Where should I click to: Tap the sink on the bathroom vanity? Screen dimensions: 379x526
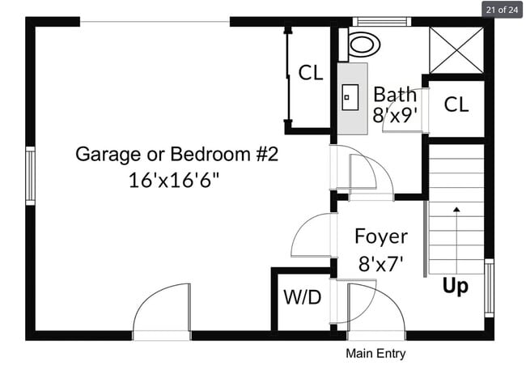pyautogui.click(x=350, y=98)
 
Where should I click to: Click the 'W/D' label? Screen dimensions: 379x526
pyautogui.click(x=302, y=298)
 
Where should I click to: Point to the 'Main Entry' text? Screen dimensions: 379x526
pyautogui.click(x=375, y=354)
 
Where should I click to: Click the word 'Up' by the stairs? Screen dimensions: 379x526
pyautogui.click(x=455, y=287)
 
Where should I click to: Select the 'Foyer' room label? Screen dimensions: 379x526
pyautogui.click(x=381, y=237)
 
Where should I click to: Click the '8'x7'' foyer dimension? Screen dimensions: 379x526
pyautogui.click(x=381, y=262)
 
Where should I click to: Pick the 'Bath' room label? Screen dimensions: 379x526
pyautogui.click(x=394, y=94)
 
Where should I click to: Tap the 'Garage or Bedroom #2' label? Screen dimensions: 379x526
pyautogui.click(x=176, y=153)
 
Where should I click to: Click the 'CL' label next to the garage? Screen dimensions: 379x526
pyautogui.click(x=311, y=73)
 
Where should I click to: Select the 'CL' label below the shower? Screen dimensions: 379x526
pyautogui.click(x=456, y=104)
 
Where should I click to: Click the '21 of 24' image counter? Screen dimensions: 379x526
pyautogui.click(x=502, y=11)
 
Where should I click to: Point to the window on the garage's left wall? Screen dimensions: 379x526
pyautogui.click(x=30, y=176)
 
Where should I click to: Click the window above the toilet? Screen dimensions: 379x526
pyautogui.click(x=379, y=22)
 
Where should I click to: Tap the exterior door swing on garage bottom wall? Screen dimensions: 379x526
pyautogui.click(x=162, y=312)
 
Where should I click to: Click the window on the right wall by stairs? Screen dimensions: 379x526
pyautogui.click(x=488, y=287)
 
